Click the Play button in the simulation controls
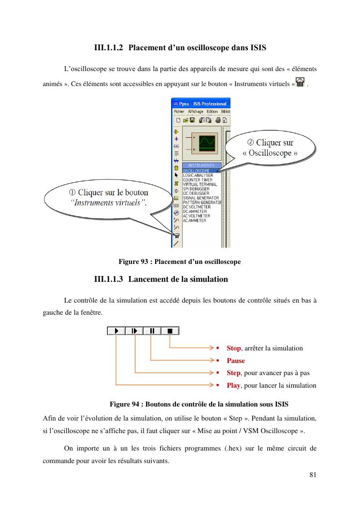point(116,331)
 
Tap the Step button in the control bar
point(134,331)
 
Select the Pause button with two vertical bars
point(152,331)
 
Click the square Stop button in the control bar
point(170,331)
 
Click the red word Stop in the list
point(234,348)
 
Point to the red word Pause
point(236,361)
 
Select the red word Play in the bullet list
point(233,385)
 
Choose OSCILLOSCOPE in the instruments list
point(196,171)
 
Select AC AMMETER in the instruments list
point(195,220)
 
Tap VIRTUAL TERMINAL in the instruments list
point(200,184)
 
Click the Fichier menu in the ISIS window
point(179,111)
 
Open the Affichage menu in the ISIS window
point(196,111)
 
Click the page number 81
point(313,474)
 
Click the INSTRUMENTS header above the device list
point(201,165)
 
